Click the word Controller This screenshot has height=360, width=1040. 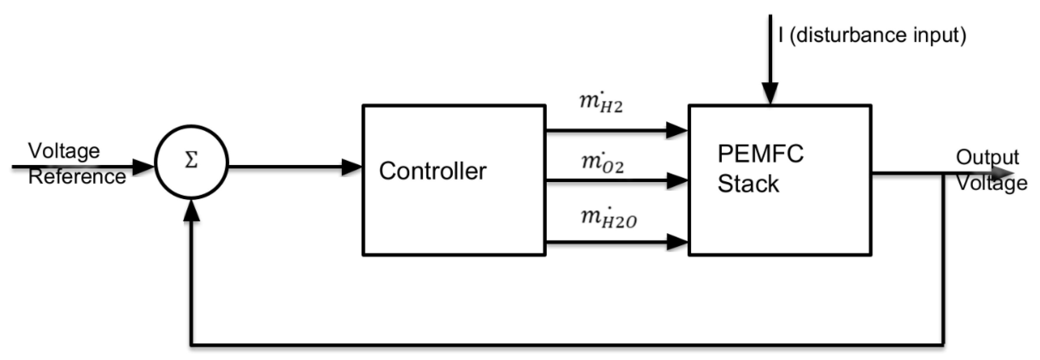(432, 171)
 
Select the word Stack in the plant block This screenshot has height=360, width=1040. (748, 184)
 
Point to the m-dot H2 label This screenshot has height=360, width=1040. (601, 103)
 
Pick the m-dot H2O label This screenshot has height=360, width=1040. (608, 218)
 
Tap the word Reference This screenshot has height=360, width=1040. (77, 177)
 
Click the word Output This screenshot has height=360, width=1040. (987, 157)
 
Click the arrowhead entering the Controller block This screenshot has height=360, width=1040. (351, 167)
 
